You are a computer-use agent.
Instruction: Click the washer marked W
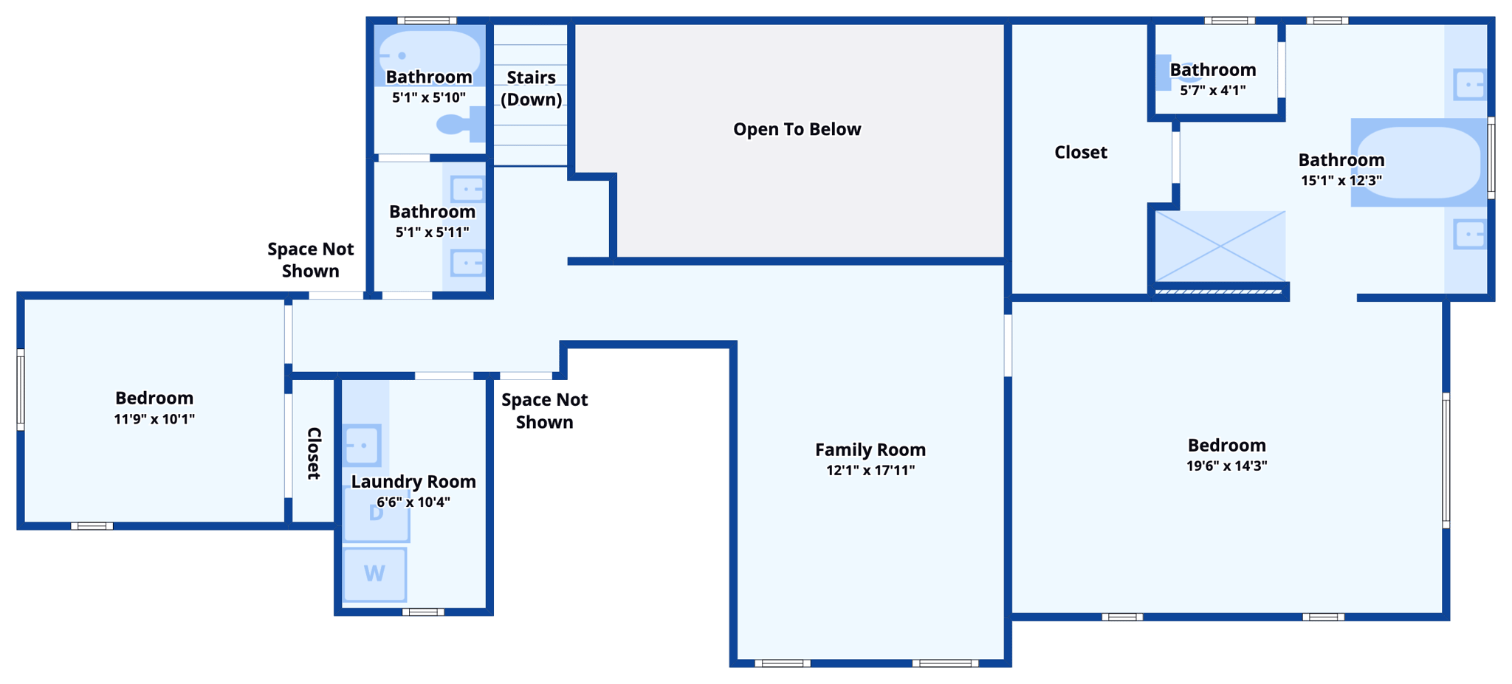click(x=374, y=573)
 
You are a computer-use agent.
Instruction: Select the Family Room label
click(x=870, y=449)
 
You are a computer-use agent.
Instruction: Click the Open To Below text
click(x=797, y=129)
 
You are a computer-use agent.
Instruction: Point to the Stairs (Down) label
click(x=531, y=88)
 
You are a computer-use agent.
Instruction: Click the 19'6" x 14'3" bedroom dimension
click(x=1226, y=466)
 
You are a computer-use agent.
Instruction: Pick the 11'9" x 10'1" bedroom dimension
click(x=154, y=419)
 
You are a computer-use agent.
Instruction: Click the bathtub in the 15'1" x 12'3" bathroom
click(x=1417, y=162)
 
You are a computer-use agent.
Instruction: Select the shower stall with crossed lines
click(x=1220, y=246)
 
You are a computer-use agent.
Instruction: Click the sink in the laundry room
click(x=362, y=446)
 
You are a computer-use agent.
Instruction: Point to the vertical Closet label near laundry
click(x=314, y=453)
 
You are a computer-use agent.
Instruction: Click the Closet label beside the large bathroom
click(x=1080, y=152)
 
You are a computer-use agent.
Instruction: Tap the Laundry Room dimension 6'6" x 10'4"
click(x=413, y=502)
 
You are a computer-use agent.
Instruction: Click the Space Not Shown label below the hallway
click(x=544, y=411)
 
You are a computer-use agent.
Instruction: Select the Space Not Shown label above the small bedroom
click(x=310, y=260)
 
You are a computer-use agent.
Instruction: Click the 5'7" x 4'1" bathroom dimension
click(x=1212, y=90)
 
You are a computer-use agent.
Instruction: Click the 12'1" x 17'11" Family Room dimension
click(x=870, y=470)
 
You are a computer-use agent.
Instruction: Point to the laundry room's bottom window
click(x=423, y=612)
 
